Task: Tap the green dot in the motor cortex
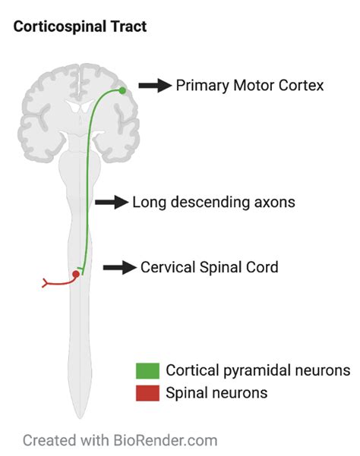[122, 90]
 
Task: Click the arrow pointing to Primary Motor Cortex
[155, 86]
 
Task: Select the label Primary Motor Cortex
[249, 86]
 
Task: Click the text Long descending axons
[213, 203]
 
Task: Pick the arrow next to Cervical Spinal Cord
[119, 267]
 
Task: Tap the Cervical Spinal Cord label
[210, 267]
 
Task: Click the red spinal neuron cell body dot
[76, 274]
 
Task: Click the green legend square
[147, 371]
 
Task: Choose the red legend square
[147, 393]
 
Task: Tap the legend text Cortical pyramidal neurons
[257, 371]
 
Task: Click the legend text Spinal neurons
[216, 393]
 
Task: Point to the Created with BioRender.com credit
[119, 439]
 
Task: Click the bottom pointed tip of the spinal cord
[79, 417]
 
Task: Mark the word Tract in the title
[129, 27]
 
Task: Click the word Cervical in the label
[166, 267]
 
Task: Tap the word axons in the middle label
[274, 203]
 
